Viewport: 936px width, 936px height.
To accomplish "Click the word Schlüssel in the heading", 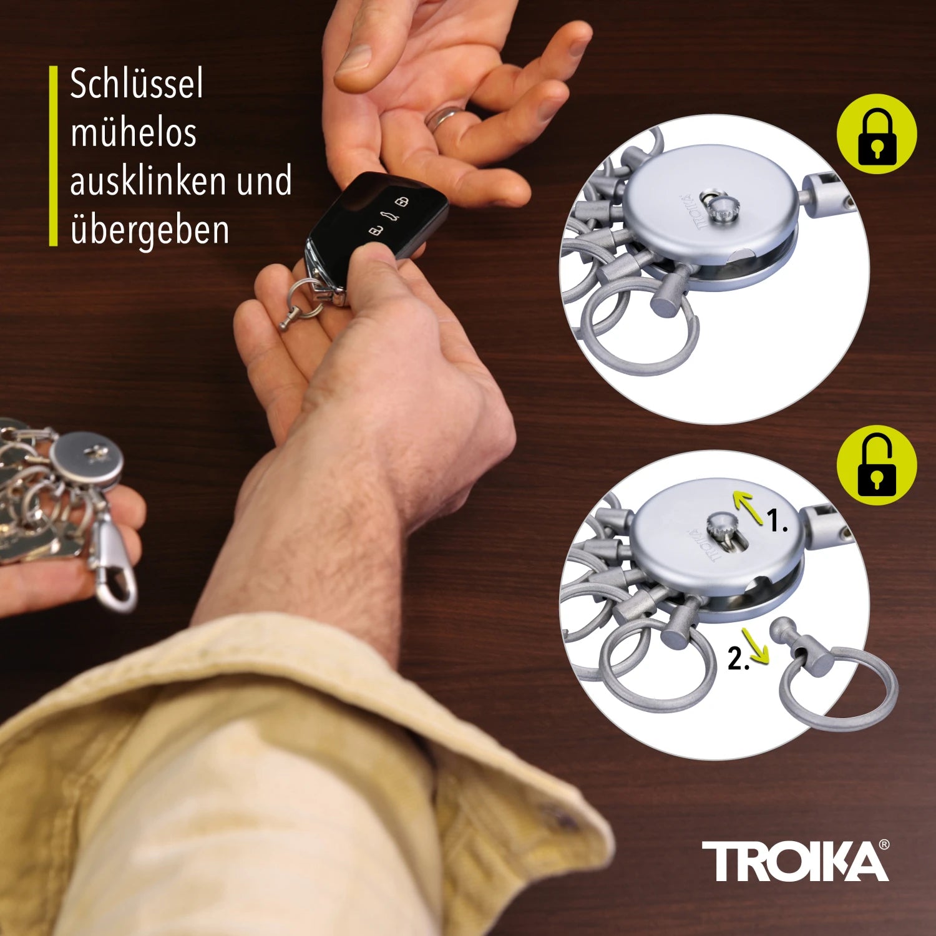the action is [x=137, y=84].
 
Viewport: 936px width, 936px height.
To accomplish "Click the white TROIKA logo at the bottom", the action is [x=791, y=860].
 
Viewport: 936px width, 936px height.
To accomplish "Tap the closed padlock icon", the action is [x=876, y=135].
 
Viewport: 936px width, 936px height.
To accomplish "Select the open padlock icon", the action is [x=876, y=465].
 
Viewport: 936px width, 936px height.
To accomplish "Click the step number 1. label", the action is [x=777, y=522].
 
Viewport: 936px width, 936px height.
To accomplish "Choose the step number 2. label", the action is [x=738, y=659].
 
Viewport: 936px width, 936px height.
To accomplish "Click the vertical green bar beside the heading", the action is [x=53, y=156].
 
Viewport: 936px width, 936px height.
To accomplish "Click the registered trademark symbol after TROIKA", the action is [x=884, y=845].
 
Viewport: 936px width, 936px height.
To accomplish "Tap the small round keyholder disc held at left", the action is [x=87, y=459].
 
